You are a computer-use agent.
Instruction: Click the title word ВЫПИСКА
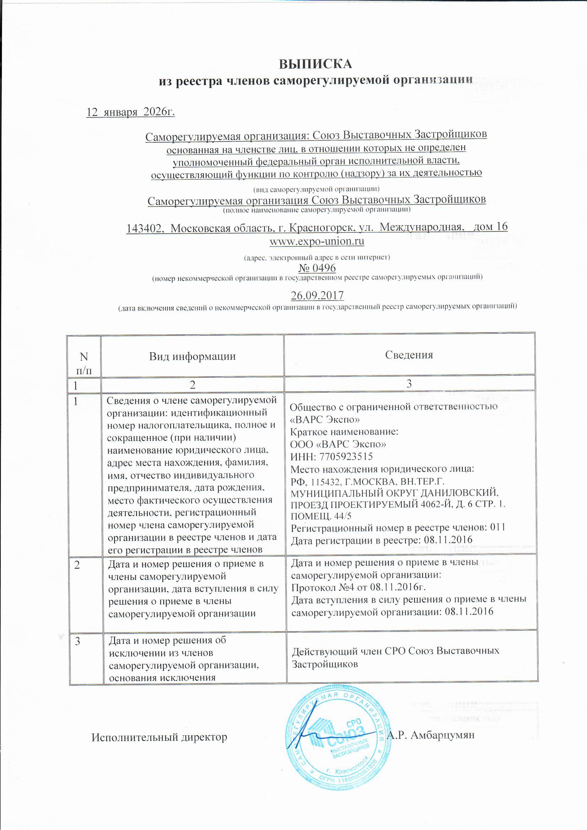point(315,64)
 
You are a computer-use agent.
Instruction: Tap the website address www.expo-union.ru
point(317,241)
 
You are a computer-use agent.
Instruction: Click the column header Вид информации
point(192,356)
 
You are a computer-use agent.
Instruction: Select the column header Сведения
point(409,355)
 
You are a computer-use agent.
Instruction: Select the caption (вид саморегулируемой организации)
point(316,189)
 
